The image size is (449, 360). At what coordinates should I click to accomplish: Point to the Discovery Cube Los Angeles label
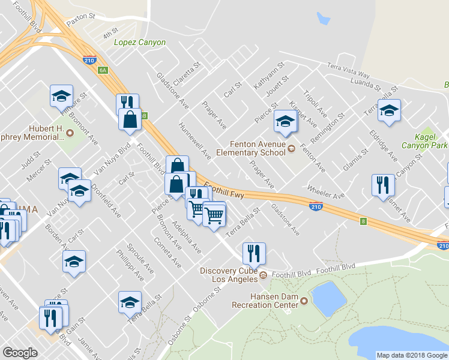point(229,275)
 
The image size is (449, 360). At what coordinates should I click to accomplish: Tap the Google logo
point(20,353)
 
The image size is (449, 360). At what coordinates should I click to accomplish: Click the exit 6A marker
point(103,70)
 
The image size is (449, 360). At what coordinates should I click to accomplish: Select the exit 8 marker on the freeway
point(363,221)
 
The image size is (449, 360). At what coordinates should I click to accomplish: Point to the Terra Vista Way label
point(348,69)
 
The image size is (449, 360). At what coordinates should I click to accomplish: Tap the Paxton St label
point(81,20)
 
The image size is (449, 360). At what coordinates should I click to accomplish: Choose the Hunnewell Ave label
point(195,142)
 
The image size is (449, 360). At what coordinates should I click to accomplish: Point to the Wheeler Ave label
point(326,191)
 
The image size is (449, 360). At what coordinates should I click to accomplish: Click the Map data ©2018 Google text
point(411,355)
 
